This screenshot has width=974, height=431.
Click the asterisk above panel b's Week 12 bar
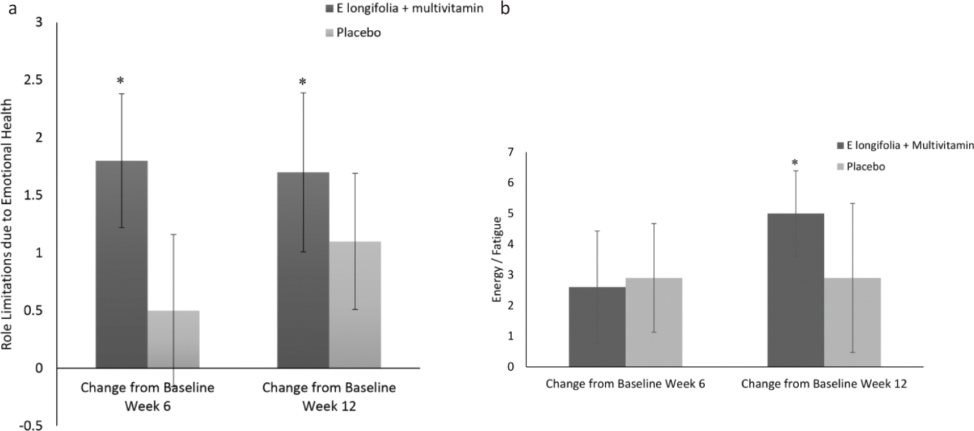point(795,164)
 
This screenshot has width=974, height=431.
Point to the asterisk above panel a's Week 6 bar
point(121,81)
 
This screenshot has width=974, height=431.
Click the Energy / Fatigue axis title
point(500,260)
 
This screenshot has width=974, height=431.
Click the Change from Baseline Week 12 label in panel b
point(824,384)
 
